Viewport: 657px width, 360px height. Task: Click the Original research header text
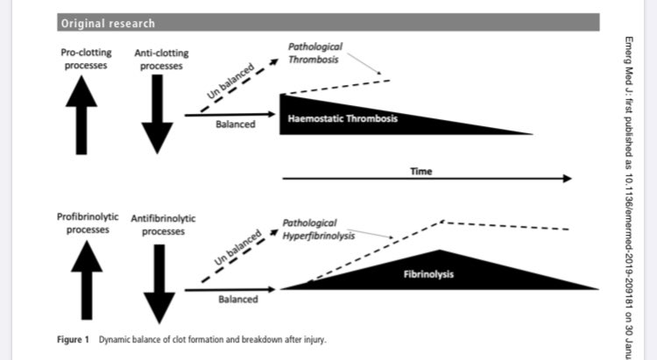(107, 22)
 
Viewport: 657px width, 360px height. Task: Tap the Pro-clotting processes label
(84, 59)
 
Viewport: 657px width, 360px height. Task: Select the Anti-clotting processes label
(159, 59)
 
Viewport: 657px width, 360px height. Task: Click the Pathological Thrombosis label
(317, 53)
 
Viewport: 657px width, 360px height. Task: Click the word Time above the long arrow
(421, 172)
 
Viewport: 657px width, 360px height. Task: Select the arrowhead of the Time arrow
(566, 179)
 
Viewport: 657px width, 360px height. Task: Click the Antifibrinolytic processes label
(162, 223)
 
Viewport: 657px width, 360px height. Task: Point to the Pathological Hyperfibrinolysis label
(319, 229)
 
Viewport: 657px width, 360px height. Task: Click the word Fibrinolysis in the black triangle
(428, 275)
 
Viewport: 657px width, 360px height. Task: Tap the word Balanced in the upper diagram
(235, 124)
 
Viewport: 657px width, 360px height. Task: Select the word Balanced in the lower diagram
(238, 300)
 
